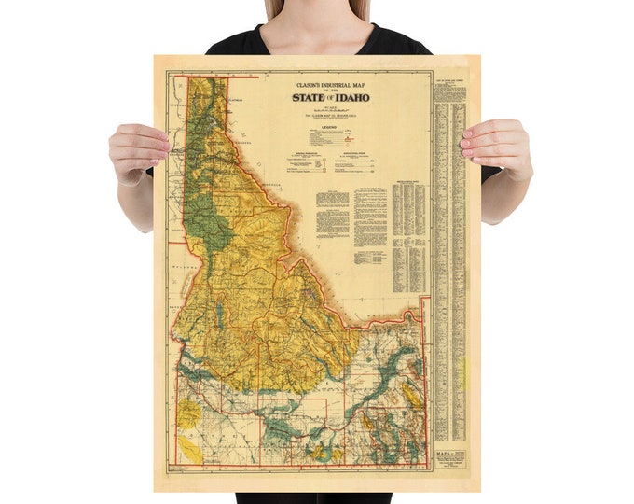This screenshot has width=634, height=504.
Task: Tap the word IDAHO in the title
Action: coord(351,96)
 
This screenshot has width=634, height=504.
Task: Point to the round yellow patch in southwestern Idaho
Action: coord(189,412)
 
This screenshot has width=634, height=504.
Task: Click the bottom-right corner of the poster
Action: coord(479,490)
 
